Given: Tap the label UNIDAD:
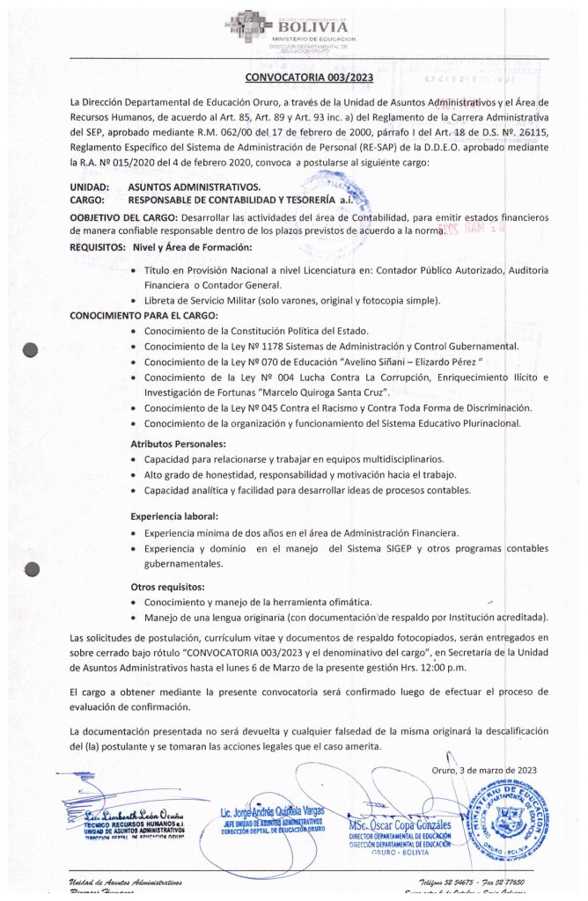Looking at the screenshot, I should (x=90, y=187).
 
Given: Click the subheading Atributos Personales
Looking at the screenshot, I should (x=180, y=443).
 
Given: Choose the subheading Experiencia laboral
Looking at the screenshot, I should (x=174, y=516).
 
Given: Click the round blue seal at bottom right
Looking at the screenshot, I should (x=511, y=818).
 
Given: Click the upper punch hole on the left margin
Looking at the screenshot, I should (x=32, y=349).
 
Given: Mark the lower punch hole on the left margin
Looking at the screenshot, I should (x=32, y=569).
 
